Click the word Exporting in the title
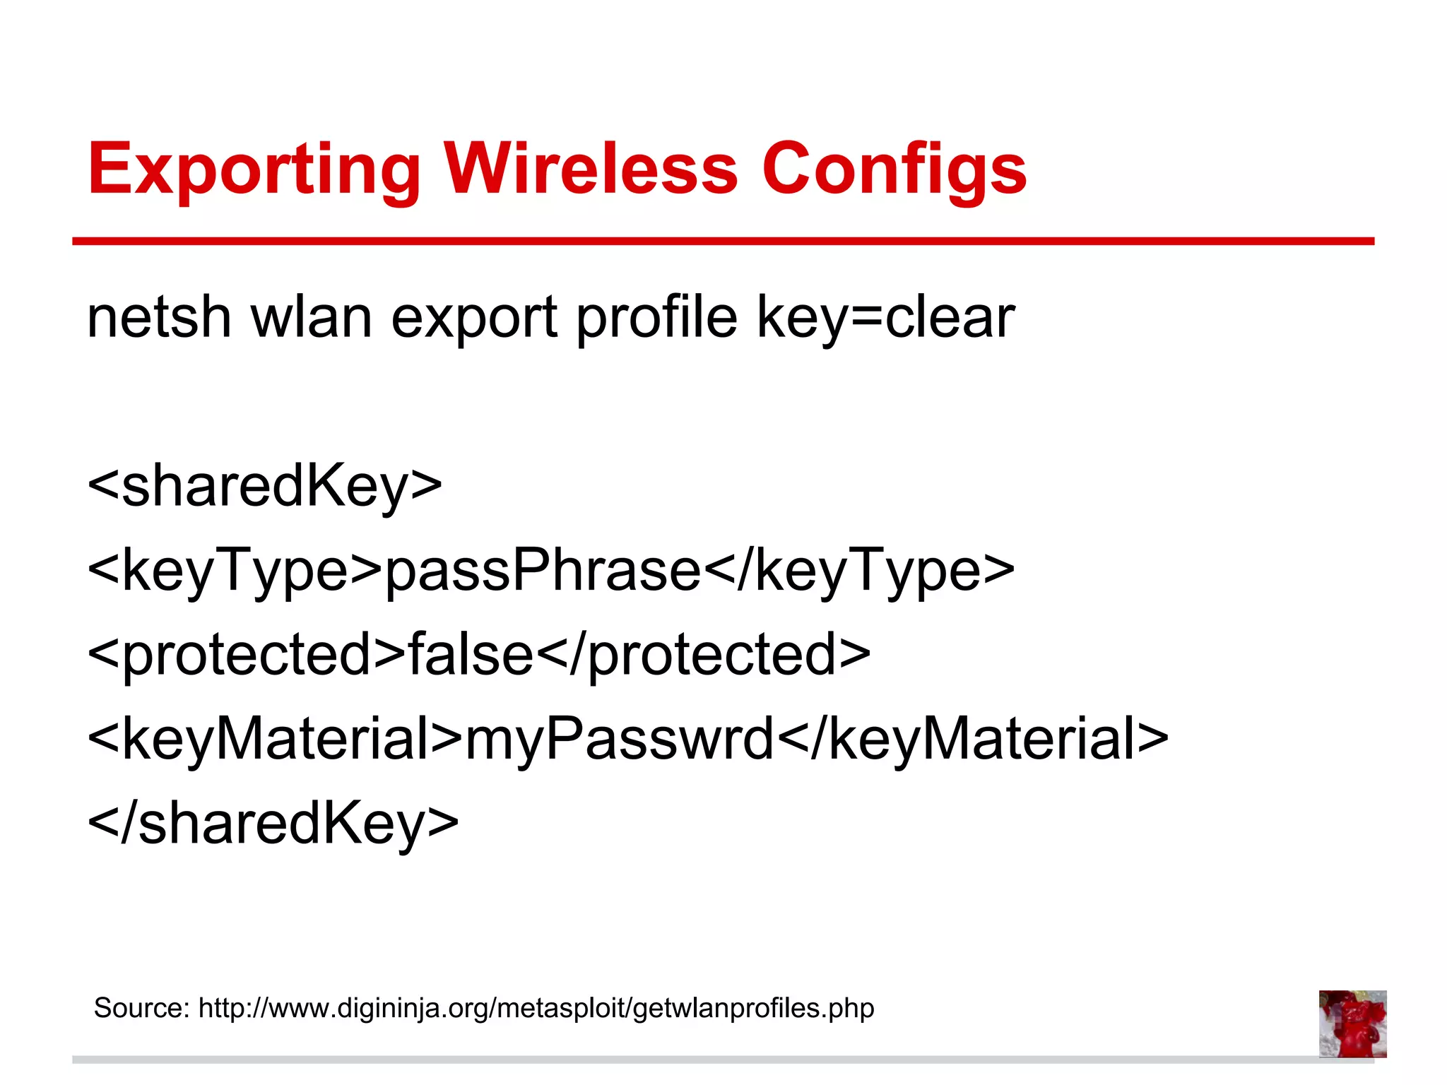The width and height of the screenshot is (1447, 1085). pyautogui.click(x=254, y=170)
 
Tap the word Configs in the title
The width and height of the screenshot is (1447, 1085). pyautogui.click(x=894, y=170)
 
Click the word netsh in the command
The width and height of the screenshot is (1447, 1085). pyautogui.click(x=159, y=318)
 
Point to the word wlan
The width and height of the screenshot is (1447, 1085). pyautogui.click(x=312, y=318)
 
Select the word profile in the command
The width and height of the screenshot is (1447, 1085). pyautogui.click(x=657, y=318)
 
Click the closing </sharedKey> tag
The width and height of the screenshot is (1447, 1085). pyautogui.click(x=273, y=824)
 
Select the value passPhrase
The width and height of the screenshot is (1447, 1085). pyautogui.click(x=543, y=571)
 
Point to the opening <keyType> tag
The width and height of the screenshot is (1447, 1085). pyautogui.click(x=235, y=571)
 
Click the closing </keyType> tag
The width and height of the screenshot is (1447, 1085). pyautogui.click(x=859, y=571)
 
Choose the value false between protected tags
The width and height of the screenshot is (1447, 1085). pyautogui.click(x=471, y=654)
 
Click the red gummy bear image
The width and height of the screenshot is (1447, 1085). pyautogui.click(x=1352, y=1024)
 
